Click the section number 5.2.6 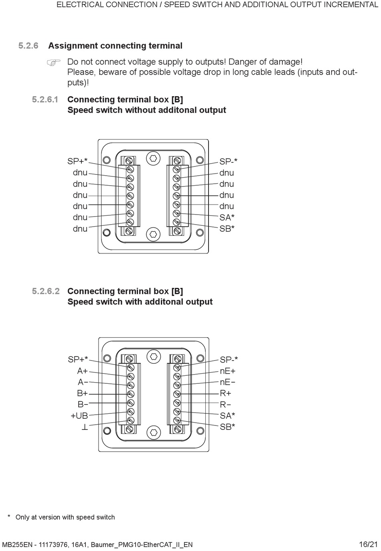(x=28, y=46)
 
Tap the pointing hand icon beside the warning (x=53, y=63)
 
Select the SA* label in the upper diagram (x=227, y=217)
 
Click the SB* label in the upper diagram (x=227, y=229)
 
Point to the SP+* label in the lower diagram (x=78, y=360)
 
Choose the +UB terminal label (x=79, y=416)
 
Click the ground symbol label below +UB (x=85, y=427)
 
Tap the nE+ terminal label (x=227, y=371)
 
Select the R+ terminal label (x=225, y=393)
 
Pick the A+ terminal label (x=83, y=371)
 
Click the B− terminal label (x=83, y=405)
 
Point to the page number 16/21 (x=368, y=544)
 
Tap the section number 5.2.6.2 (x=46, y=292)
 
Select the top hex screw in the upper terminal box (x=153, y=158)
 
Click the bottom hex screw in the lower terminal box (x=153, y=432)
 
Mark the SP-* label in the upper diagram (x=228, y=162)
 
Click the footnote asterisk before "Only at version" (x=9, y=517)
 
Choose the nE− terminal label (x=227, y=382)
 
